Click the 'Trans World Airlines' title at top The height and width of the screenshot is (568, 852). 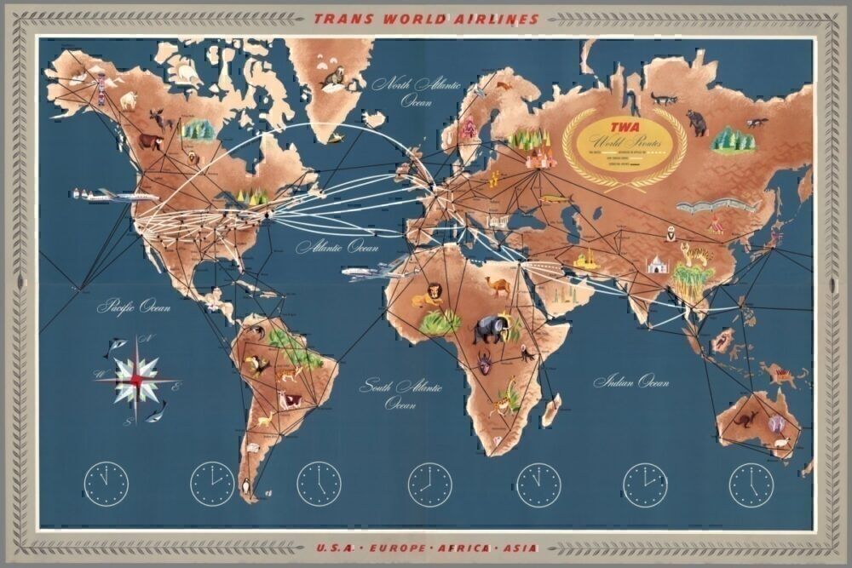click(426, 18)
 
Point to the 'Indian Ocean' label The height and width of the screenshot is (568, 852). click(631, 382)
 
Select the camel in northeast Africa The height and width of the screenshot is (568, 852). click(499, 284)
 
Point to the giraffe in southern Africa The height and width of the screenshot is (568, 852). click(508, 396)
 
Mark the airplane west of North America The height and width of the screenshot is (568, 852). click(119, 196)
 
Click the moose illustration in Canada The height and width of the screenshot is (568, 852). click(160, 120)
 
